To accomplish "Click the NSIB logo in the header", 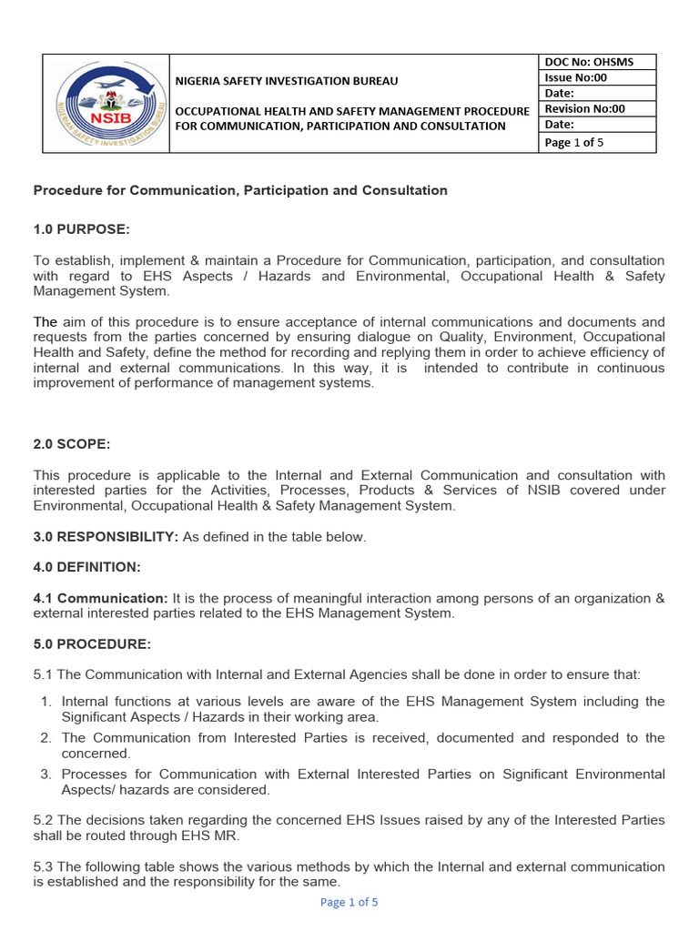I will (106, 103).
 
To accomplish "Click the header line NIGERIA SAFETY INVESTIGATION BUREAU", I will (287, 81).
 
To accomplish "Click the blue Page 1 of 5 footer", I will (349, 902).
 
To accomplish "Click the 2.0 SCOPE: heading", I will (72, 443).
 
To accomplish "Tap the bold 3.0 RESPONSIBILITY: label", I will (106, 537).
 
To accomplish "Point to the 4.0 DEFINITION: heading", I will (86, 567).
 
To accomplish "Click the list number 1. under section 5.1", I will (46, 702).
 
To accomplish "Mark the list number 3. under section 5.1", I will (46, 775).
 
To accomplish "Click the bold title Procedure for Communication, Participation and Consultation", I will (240, 190).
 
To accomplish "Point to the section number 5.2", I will (44, 821).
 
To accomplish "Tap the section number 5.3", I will (44, 867).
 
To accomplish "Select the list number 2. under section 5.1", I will (46, 738).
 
